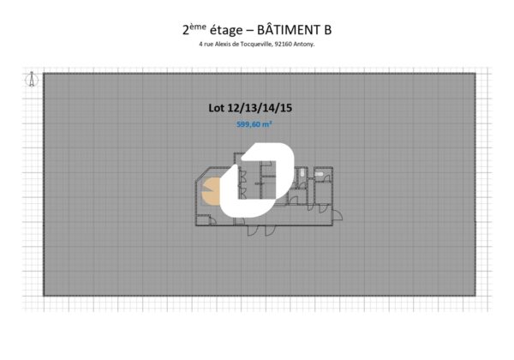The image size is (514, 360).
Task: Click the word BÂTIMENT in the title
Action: point(288,30)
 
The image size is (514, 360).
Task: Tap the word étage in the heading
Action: point(226,30)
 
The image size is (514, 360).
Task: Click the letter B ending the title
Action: point(328,30)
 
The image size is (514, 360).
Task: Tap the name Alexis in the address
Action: point(222,45)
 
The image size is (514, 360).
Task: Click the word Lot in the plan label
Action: point(217,108)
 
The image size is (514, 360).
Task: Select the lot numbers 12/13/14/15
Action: point(260,108)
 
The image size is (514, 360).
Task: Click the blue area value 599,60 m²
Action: point(254,124)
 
